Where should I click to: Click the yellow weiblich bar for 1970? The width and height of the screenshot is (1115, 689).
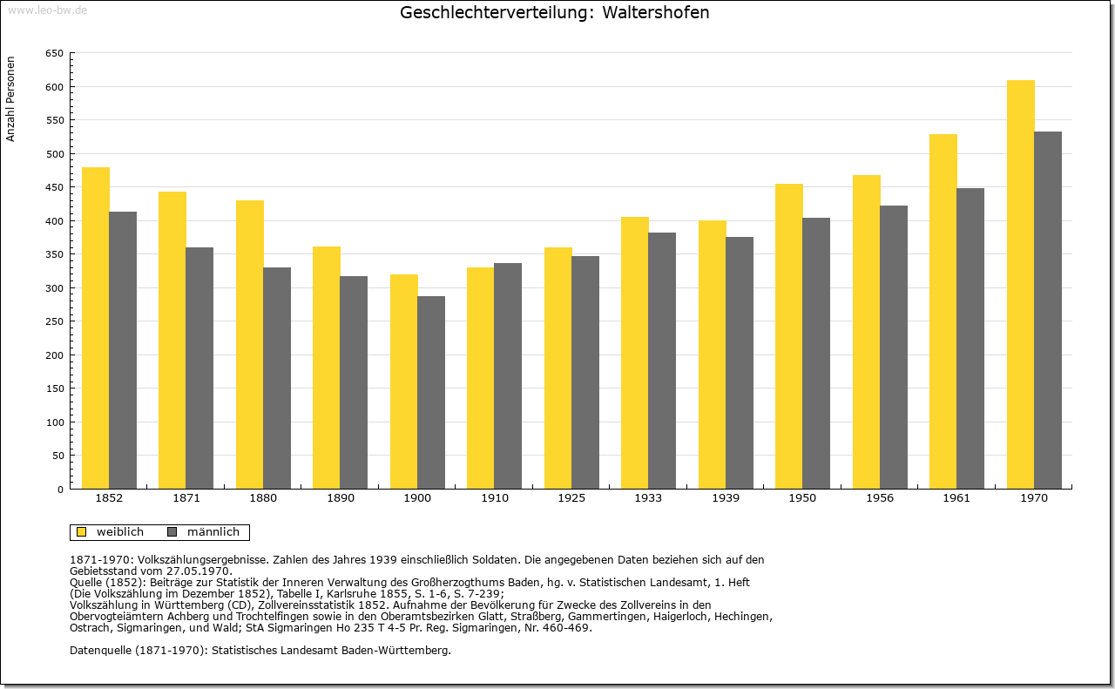click(1020, 284)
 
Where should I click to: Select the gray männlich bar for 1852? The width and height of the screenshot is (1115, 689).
click(123, 350)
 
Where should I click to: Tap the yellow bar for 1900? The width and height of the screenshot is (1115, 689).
click(403, 382)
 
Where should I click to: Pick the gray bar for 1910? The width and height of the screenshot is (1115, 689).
click(508, 376)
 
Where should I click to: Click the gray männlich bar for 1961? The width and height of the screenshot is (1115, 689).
click(970, 339)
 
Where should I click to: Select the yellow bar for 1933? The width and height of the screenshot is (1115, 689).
click(635, 353)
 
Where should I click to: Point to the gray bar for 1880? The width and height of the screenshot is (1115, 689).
click(277, 378)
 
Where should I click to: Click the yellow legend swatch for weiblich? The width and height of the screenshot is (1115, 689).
click(82, 531)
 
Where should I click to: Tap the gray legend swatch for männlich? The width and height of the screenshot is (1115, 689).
click(172, 531)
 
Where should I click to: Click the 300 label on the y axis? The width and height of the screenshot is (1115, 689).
click(55, 288)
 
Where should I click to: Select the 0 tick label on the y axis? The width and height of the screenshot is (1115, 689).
click(60, 490)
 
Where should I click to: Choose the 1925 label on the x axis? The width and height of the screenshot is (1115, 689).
click(571, 498)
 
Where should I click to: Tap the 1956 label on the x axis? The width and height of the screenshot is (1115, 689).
click(880, 498)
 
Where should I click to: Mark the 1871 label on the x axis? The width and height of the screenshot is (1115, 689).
click(186, 498)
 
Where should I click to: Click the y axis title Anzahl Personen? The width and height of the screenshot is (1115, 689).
click(10, 99)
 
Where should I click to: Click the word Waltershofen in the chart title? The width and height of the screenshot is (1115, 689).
click(656, 12)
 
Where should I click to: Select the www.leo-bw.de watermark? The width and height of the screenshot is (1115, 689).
click(47, 10)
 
